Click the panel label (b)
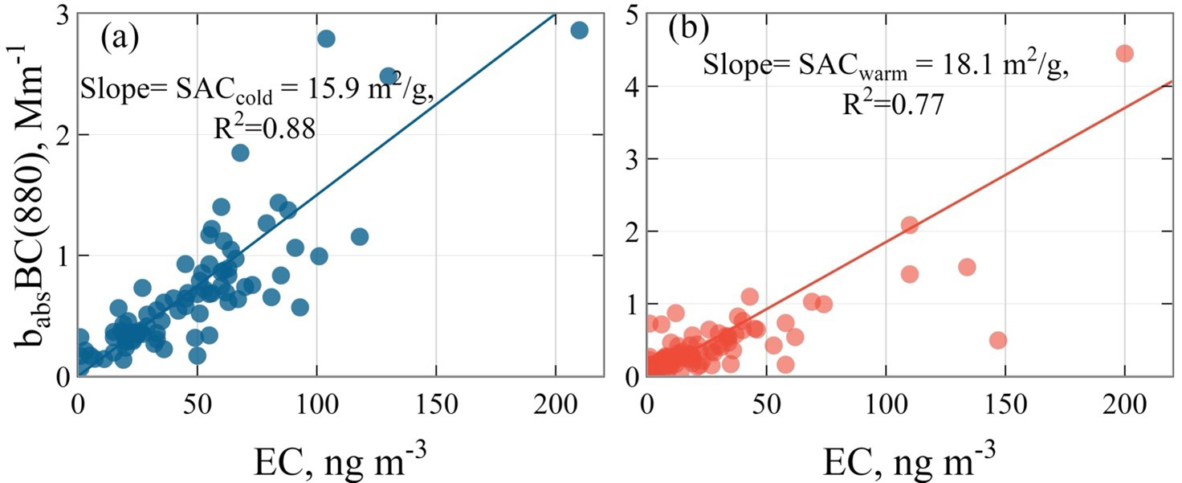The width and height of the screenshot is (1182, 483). coord(689,31)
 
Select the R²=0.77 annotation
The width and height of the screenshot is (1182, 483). coord(892,103)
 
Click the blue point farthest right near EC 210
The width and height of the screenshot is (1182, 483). coord(580,30)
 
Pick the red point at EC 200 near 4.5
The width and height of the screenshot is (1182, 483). coord(1124,53)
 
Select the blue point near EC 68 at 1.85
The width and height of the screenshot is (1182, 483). coord(239,153)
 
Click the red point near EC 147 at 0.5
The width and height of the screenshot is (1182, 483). coord(998,340)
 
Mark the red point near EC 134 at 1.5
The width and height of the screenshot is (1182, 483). coord(967,267)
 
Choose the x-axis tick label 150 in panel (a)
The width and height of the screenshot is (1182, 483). coord(436,405)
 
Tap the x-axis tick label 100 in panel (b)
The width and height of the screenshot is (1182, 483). coord(886,405)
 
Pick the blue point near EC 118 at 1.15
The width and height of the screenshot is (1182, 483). coord(360,236)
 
